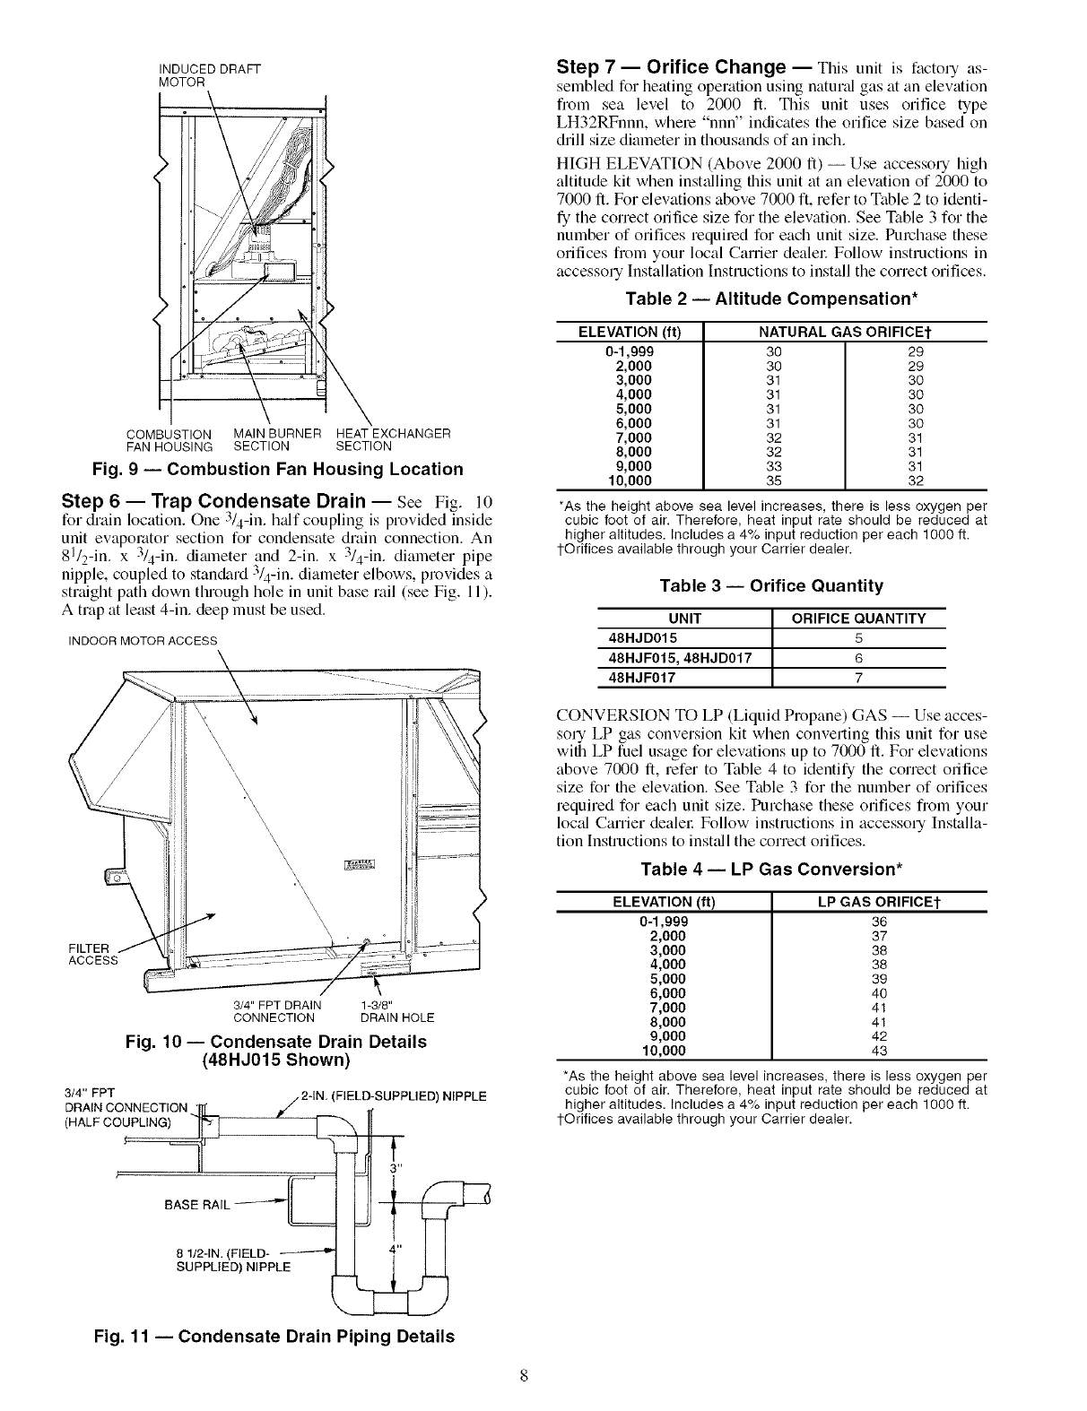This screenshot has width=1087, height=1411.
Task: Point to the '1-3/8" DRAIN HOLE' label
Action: point(396,1011)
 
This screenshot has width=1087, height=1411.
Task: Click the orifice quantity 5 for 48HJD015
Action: point(858,638)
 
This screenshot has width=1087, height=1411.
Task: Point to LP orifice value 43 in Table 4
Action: point(879,1051)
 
